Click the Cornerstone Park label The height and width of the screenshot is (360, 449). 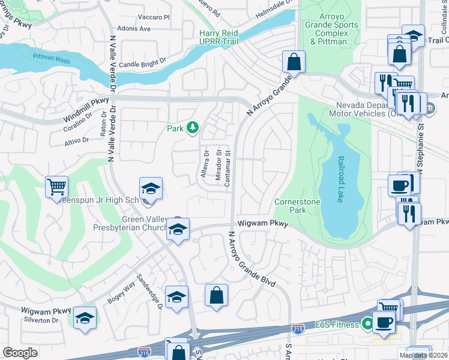(x=297, y=206)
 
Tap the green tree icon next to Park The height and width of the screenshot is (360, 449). (x=192, y=127)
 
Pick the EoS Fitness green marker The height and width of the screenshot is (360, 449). (x=367, y=325)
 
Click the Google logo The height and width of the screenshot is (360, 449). (x=20, y=353)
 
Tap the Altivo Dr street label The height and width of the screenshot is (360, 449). (x=76, y=140)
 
